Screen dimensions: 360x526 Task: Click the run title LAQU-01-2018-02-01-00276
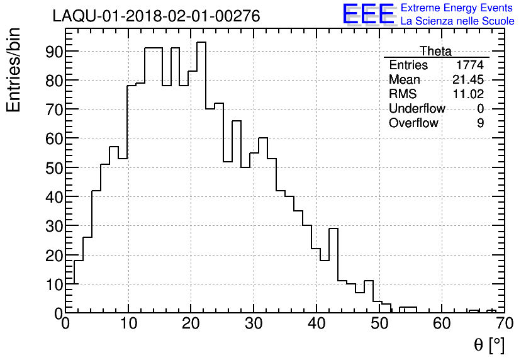156,16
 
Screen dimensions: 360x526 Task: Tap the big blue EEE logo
369,14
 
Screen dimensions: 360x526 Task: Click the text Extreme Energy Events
457,8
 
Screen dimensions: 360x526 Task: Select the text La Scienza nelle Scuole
457,21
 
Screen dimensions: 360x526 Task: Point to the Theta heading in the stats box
435,51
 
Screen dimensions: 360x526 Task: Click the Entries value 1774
470,65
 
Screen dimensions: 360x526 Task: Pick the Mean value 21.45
468,80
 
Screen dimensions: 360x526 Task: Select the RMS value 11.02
468,94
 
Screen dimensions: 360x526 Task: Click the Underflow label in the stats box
417,109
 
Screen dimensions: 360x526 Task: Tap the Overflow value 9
480,123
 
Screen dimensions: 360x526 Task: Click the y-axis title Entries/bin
14,69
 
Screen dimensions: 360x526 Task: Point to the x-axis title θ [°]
489,345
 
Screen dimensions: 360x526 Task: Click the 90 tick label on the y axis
53,52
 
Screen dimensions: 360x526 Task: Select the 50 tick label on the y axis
53,167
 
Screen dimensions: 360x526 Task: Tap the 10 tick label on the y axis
53,284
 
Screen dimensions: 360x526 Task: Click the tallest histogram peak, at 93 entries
201,43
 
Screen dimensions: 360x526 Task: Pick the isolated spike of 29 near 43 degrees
333,229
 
